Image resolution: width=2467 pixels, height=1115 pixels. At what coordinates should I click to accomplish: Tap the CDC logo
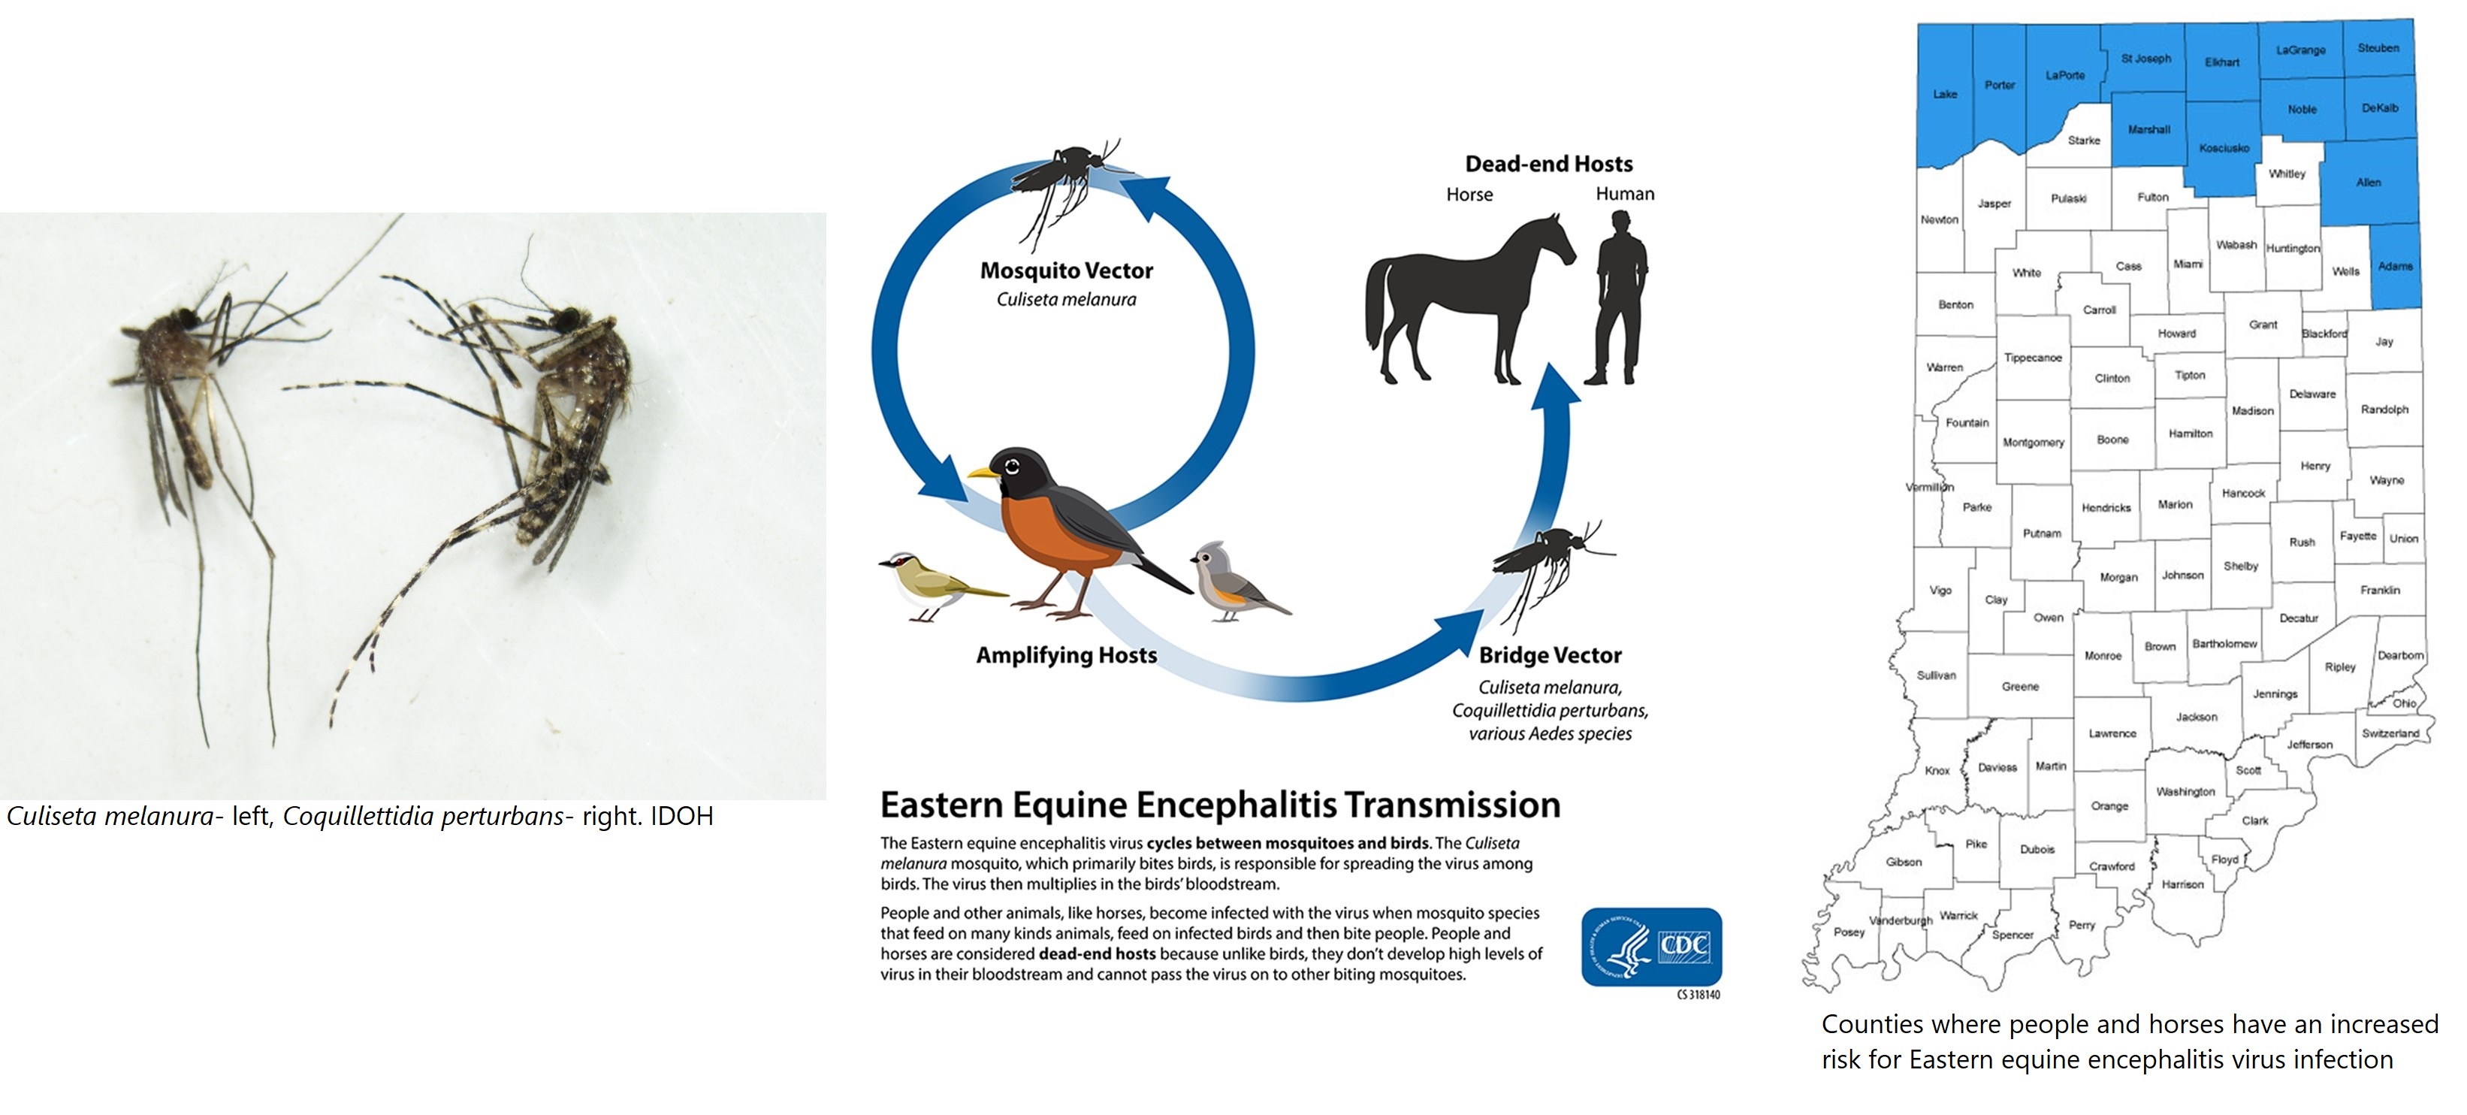[1651, 947]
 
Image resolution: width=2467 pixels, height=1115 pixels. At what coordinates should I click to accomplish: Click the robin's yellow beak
[983, 473]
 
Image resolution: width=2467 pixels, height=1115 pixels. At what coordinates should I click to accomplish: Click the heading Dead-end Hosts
[1548, 164]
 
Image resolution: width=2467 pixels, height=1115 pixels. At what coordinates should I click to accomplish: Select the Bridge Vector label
[1550, 655]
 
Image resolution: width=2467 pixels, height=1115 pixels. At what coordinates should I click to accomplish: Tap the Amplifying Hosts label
[1066, 655]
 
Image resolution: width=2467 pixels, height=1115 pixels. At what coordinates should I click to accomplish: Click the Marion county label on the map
[2175, 504]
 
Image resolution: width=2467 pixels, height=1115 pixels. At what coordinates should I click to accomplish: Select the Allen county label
[2369, 182]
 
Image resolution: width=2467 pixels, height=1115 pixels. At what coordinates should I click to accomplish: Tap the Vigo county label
[1940, 590]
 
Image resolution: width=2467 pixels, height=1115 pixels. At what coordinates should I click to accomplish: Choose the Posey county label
[1849, 932]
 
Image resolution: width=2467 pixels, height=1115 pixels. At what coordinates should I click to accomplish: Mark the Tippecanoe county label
[2033, 358]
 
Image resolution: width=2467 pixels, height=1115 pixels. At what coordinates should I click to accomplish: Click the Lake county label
[1945, 94]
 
